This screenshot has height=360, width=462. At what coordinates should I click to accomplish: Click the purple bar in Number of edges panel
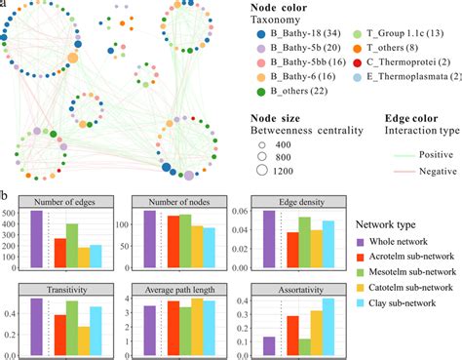pos(37,239)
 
